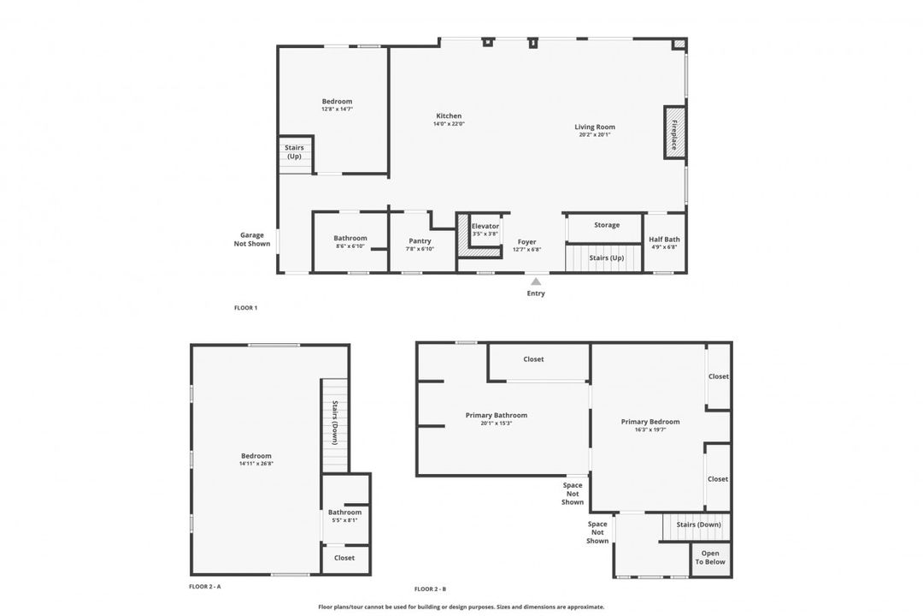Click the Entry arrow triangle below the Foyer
point(536,281)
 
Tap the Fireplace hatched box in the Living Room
point(675,133)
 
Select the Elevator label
point(485,226)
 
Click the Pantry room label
point(420,241)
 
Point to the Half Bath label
point(664,240)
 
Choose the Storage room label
point(606,225)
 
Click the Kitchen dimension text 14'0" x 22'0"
point(449,124)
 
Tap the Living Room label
point(595,127)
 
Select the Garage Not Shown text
point(252,240)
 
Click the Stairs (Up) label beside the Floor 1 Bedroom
point(294,152)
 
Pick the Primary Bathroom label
point(496,416)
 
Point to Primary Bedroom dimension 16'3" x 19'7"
point(650,429)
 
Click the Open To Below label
point(710,558)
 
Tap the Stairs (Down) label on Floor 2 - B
point(698,524)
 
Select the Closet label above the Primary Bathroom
point(533,359)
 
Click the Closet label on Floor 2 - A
point(344,558)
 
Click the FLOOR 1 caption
point(245,307)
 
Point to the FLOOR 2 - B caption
point(430,589)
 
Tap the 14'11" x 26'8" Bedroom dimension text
point(256,464)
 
